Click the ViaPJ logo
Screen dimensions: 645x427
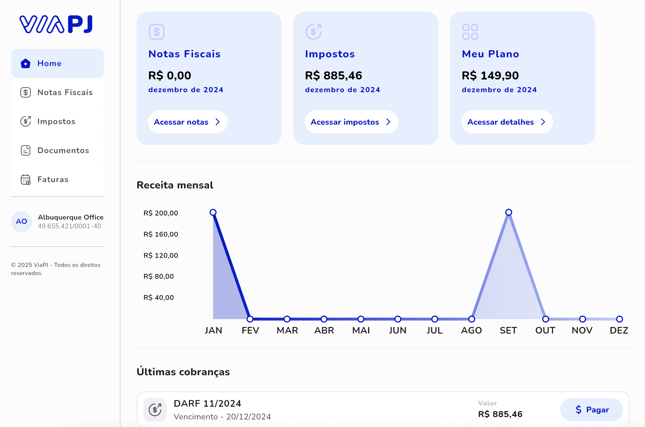point(56,24)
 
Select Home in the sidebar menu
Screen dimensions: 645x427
point(57,63)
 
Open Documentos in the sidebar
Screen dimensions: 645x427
point(57,150)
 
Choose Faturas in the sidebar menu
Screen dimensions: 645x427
point(57,179)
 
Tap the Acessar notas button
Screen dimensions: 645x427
point(188,122)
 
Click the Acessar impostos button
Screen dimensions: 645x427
point(351,122)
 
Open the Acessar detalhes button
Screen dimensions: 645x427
point(507,122)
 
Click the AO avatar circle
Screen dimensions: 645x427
point(21,222)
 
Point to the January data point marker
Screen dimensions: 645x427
point(213,212)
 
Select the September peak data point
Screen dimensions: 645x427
point(509,212)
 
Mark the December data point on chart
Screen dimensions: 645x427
point(619,319)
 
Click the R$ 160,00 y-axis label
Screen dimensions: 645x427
point(161,234)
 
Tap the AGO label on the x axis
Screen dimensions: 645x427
point(471,330)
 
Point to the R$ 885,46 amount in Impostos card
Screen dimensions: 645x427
point(334,75)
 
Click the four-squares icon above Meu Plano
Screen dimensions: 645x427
point(470,32)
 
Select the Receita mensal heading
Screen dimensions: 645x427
point(175,185)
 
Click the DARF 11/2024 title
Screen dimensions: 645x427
point(207,404)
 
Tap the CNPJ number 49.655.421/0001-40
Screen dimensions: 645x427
point(69,226)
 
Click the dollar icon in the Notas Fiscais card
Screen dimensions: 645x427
point(157,32)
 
